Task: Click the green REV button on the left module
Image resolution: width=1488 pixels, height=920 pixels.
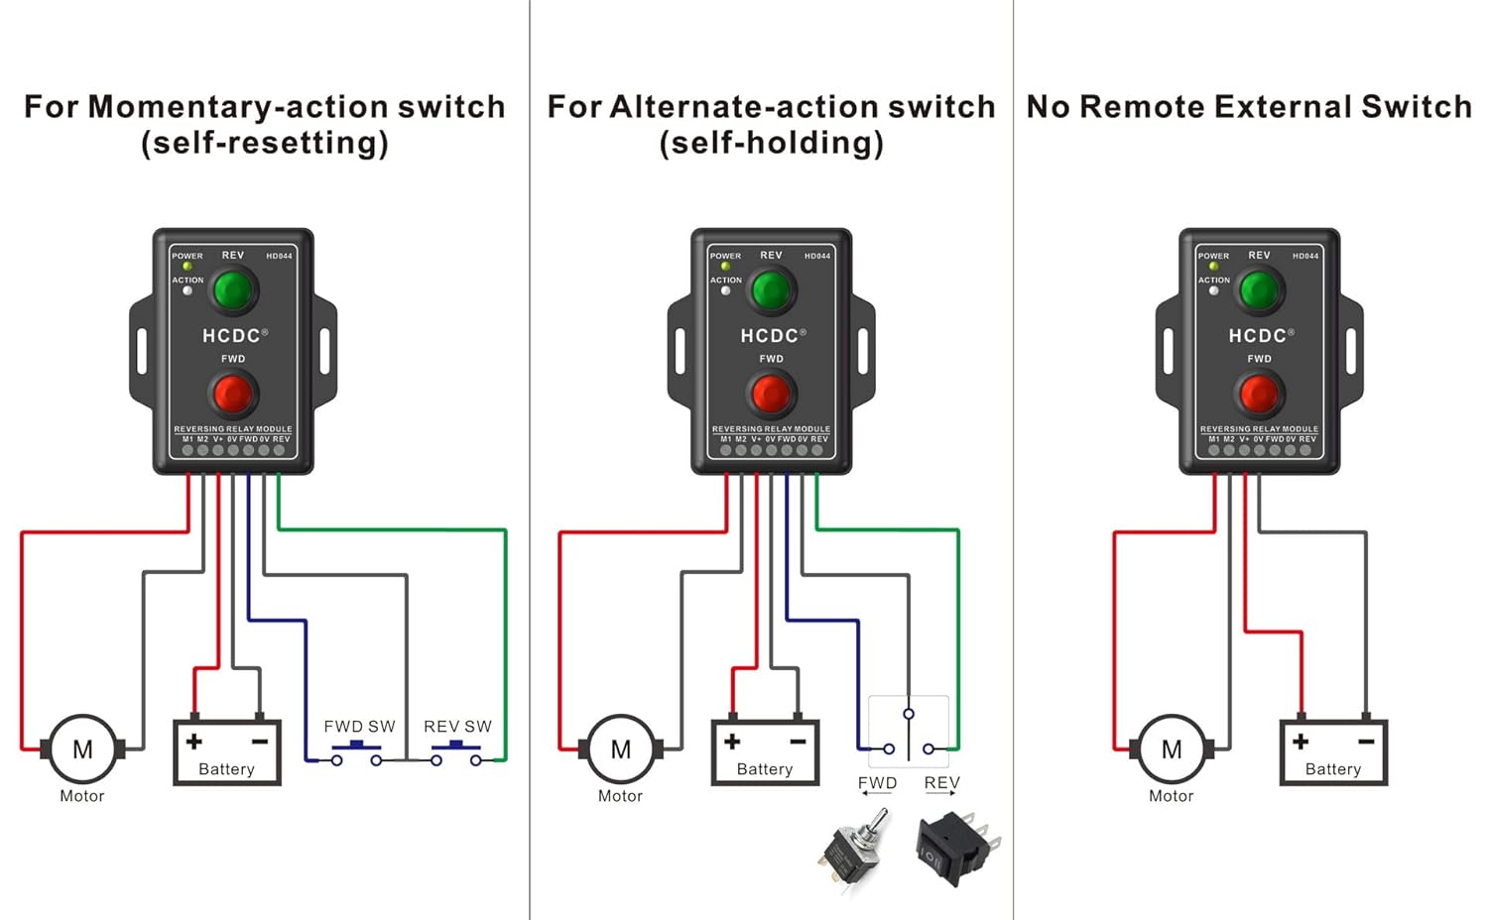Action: click(x=233, y=290)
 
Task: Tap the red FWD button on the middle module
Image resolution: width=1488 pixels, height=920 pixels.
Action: click(x=771, y=395)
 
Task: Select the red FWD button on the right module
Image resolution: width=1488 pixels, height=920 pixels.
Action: click(x=1259, y=395)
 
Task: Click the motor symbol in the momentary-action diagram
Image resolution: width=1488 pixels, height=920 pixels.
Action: click(x=82, y=749)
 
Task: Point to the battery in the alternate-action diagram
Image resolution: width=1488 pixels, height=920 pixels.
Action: click(x=765, y=752)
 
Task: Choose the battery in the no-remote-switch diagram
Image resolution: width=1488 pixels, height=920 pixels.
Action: click(x=1333, y=752)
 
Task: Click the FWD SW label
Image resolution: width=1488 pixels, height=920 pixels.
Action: click(x=359, y=727)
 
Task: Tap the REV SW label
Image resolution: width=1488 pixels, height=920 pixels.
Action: click(x=457, y=727)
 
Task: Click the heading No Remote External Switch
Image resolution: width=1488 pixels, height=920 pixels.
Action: click(x=1249, y=107)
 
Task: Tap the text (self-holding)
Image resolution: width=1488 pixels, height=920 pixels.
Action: click(x=771, y=144)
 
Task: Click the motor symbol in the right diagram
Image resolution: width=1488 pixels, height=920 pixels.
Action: click(x=1172, y=749)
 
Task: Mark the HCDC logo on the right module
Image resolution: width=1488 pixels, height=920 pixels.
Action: click(x=1258, y=336)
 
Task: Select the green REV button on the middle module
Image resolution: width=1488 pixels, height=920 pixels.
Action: click(x=771, y=290)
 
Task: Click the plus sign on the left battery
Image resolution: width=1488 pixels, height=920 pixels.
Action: click(x=194, y=742)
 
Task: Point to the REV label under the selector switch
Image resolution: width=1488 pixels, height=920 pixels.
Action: click(x=941, y=783)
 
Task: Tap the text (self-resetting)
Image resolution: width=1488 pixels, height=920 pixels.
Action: click(x=265, y=144)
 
